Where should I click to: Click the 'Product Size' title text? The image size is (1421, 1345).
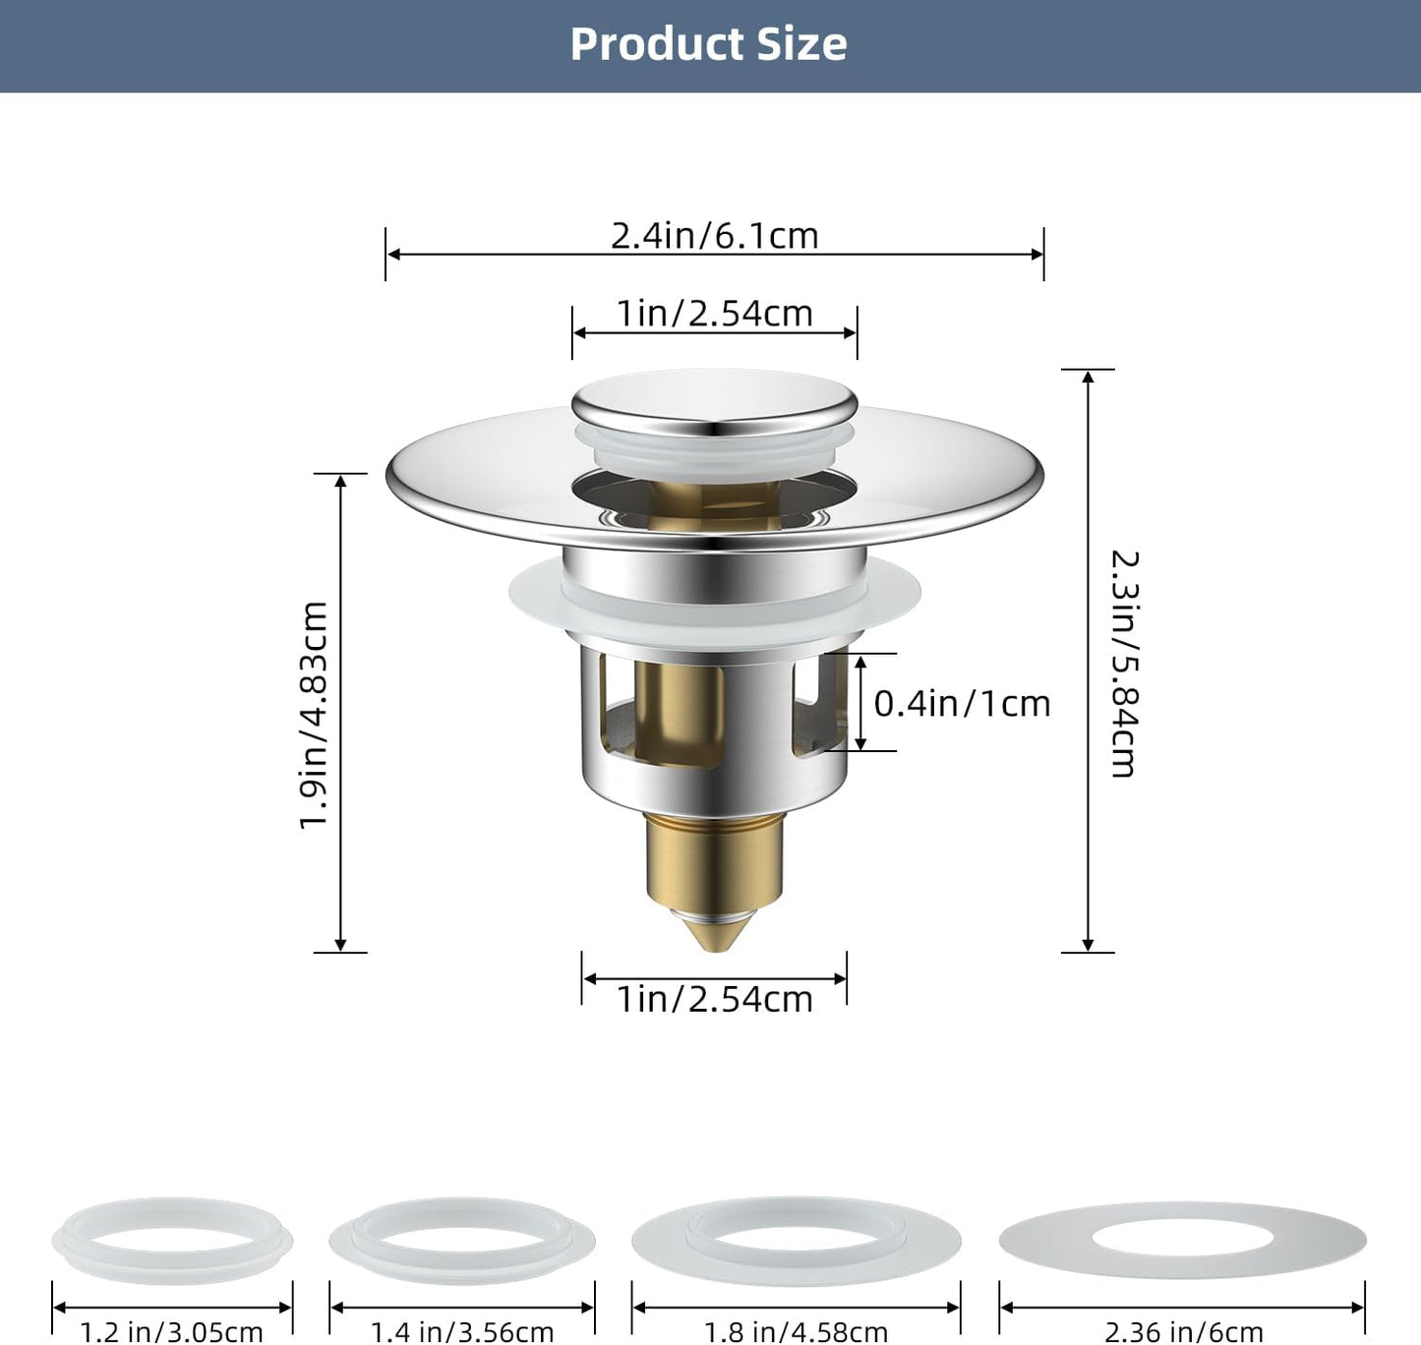click(x=708, y=44)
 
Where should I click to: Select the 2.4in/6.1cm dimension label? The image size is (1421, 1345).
click(x=715, y=236)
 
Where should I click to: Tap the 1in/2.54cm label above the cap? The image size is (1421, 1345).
click(x=715, y=314)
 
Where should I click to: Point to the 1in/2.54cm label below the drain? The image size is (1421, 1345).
click(x=715, y=999)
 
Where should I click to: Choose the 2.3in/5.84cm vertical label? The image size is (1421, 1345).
click(x=1124, y=664)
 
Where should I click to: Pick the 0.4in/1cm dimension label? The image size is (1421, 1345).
click(x=962, y=704)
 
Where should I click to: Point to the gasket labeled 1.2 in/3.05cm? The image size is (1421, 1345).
click(x=172, y=1242)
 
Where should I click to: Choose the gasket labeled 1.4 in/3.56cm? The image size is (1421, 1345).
click(x=462, y=1242)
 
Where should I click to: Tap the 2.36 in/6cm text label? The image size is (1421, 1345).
click(x=1183, y=1332)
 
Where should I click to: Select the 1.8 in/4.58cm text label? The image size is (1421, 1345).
click(x=796, y=1332)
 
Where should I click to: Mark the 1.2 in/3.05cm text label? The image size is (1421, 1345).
click(x=172, y=1332)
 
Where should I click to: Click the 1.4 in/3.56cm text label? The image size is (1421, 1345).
click(x=462, y=1332)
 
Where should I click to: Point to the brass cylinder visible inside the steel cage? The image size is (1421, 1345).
click(x=679, y=708)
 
